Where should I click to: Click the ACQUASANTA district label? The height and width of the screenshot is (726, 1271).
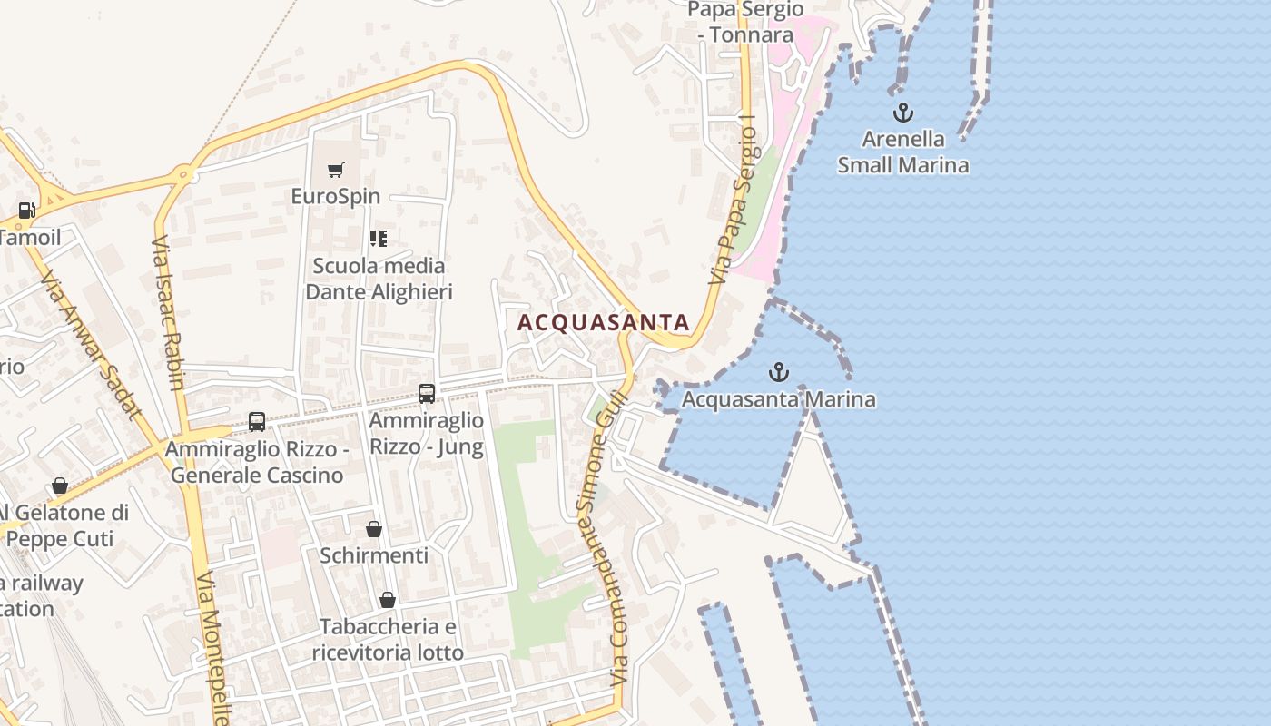click(x=603, y=322)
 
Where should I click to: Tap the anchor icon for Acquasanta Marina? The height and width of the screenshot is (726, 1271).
click(x=778, y=372)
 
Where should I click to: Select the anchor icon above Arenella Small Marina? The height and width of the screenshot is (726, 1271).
click(x=902, y=113)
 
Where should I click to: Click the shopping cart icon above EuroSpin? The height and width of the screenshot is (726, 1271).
click(x=336, y=170)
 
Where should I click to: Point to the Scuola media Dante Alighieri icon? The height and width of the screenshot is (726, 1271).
click(x=379, y=239)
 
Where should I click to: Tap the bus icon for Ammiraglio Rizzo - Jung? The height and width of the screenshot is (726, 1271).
click(x=427, y=394)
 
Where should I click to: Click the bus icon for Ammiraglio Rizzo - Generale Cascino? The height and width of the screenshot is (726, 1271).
click(x=257, y=422)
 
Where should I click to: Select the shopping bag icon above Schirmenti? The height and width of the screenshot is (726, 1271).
click(x=373, y=528)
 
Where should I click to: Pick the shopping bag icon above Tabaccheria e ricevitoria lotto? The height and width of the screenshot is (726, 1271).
click(x=388, y=600)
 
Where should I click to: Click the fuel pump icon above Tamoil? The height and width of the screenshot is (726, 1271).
click(x=27, y=211)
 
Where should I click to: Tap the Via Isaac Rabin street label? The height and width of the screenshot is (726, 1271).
click(x=169, y=313)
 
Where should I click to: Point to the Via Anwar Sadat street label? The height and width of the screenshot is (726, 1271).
click(x=91, y=345)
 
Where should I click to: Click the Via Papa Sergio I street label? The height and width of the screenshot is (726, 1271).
click(x=734, y=207)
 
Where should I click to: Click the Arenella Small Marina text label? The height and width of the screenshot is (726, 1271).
click(x=902, y=152)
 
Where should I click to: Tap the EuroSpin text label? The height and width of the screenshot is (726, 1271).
click(x=336, y=196)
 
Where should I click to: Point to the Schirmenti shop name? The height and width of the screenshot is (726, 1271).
click(x=373, y=554)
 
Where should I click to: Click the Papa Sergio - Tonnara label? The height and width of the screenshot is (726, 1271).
click(x=745, y=22)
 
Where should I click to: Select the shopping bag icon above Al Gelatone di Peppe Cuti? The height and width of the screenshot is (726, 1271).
click(x=60, y=486)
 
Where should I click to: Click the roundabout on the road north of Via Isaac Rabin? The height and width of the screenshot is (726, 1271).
click(x=184, y=172)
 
